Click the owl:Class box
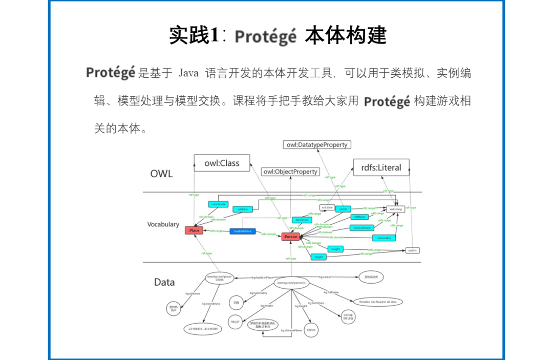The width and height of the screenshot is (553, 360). [x=222, y=163]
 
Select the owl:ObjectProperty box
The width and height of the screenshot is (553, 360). [x=290, y=172]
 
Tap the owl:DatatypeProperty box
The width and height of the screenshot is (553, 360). [x=317, y=145]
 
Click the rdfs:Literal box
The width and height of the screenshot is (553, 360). [x=381, y=167]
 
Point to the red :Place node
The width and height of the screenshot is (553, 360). [x=194, y=231]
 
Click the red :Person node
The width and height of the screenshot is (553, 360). [x=290, y=237]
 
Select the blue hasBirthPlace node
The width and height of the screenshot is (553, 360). [x=243, y=231]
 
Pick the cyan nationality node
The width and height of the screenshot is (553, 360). [x=384, y=238]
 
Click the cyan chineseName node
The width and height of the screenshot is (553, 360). [x=362, y=227]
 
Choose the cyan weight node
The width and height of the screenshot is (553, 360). [x=318, y=257]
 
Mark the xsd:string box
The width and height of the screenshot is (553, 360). [x=395, y=209]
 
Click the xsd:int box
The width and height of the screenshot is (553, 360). [x=412, y=250]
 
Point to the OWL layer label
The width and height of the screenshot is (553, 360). [x=161, y=174]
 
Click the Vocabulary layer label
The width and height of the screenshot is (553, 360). [x=163, y=224]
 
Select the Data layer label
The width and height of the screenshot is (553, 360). [x=164, y=282]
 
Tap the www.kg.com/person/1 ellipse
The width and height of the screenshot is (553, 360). [x=291, y=283]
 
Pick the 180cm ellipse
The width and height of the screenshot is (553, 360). [x=311, y=330]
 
